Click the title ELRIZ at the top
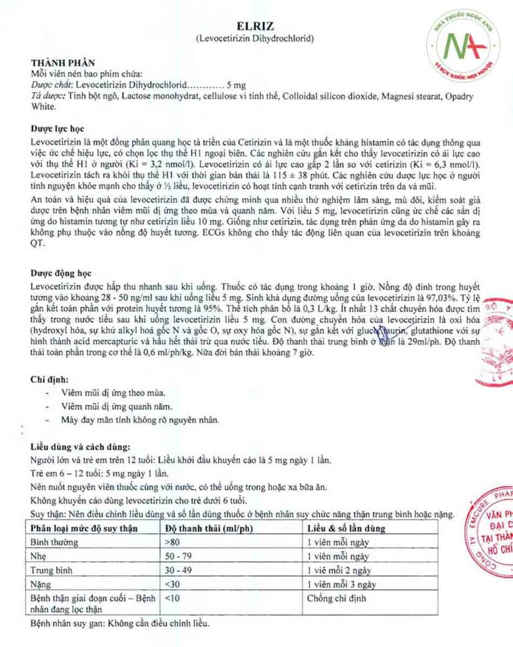click(256, 25)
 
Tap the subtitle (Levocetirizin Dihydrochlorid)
click(256, 38)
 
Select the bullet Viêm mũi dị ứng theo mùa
click(104, 393)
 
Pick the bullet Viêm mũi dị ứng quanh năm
click(107, 406)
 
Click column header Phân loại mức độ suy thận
click(84, 528)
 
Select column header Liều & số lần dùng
click(346, 528)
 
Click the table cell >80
click(171, 542)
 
